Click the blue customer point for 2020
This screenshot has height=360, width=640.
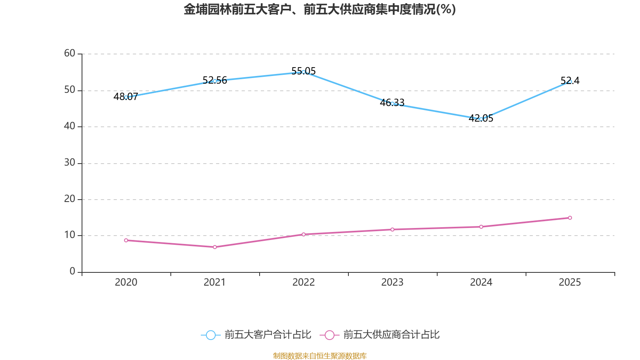point(126,97)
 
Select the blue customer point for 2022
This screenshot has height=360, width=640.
point(304,72)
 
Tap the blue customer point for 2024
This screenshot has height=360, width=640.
point(481,119)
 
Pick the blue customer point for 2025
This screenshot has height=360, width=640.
point(570,82)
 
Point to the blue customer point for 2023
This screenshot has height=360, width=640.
point(392,104)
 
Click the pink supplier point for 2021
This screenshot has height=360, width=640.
point(215,247)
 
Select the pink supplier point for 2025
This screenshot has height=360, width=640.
point(570,218)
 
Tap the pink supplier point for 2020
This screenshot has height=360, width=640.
point(126,240)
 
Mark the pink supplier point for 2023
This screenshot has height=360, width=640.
point(392,230)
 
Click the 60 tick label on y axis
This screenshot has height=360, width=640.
point(70,53)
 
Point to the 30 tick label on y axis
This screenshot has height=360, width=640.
point(70,162)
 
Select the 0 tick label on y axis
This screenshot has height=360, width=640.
point(72,272)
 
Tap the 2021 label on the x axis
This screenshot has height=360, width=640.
point(215,282)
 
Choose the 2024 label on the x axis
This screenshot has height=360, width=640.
point(481,282)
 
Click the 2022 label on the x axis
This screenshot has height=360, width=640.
point(304,282)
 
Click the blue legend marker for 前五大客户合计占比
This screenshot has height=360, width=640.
point(210,335)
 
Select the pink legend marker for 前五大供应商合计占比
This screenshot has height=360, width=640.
point(329,335)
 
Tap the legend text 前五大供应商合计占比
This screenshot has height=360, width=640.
point(391,335)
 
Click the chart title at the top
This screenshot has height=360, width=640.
point(320,10)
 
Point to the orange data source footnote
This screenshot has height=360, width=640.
point(320,356)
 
